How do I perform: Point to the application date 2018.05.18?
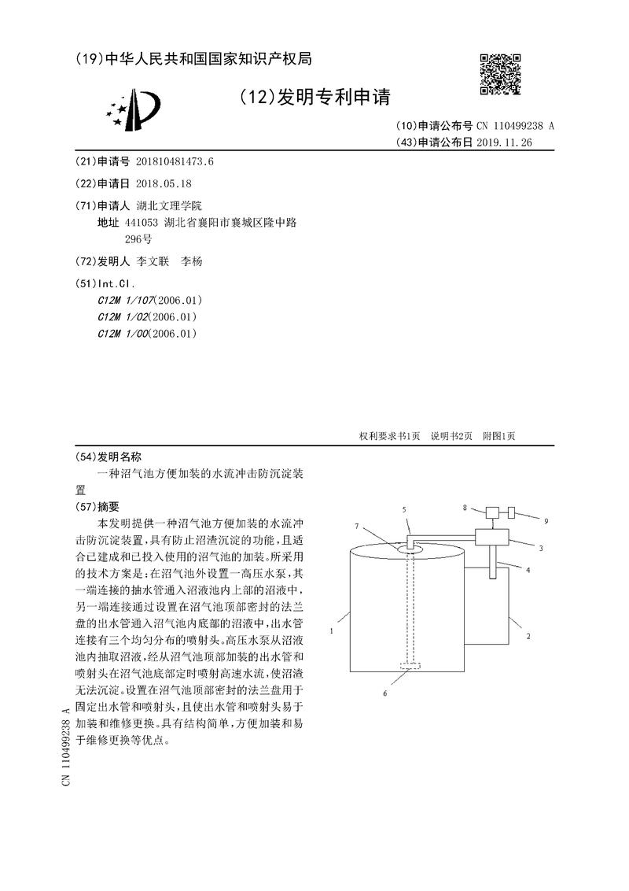click(x=164, y=183)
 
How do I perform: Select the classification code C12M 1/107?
click(x=126, y=300)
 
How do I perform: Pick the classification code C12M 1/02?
click(x=123, y=316)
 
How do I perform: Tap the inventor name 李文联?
click(x=153, y=261)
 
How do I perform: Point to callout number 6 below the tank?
click(x=384, y=693)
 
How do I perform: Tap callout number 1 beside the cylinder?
click(x=333, y=630)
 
